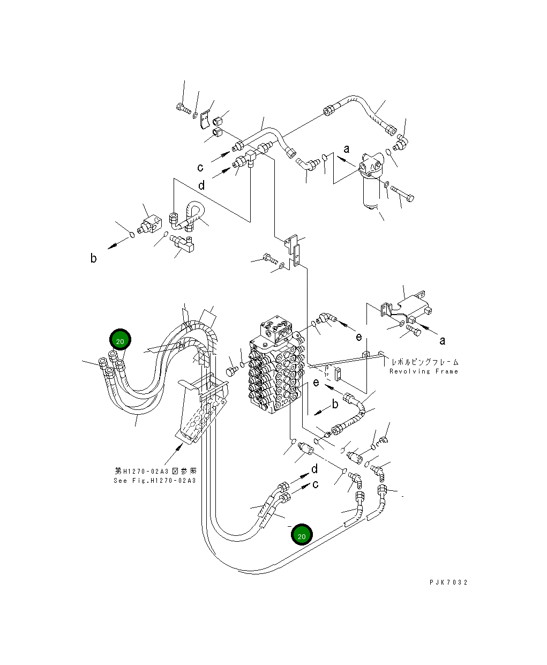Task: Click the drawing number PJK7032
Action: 448,582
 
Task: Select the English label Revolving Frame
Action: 424,371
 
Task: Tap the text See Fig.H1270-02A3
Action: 155,481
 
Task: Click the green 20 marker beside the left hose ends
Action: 120,340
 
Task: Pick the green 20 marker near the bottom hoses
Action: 302,534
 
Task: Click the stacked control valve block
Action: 277,367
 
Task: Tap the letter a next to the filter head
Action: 347,149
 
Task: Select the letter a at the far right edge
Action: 443,341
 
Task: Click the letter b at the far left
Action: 93,258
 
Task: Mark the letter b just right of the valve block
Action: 335,404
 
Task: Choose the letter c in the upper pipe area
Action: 200,167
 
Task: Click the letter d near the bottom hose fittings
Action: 314,469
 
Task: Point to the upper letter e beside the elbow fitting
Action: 359,337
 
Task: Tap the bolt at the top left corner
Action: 183,109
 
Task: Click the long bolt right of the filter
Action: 402,193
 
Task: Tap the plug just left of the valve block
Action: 233,371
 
